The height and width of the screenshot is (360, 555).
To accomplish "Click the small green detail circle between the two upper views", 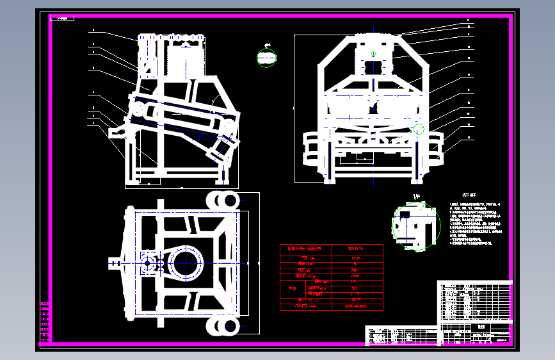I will (x=267, y=58).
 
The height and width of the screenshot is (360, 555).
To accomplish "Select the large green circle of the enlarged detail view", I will (x=417, y=227).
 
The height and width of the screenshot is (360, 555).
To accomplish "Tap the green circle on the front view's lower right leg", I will (x=419, y=129).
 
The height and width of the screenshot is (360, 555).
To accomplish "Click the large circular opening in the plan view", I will (x=186, y=263).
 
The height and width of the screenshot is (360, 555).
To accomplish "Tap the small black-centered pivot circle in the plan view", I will (x=148, y=263).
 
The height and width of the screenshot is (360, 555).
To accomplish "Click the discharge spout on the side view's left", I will (x=118, y=131).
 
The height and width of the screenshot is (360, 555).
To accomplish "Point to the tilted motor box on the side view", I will (x=221, y=149).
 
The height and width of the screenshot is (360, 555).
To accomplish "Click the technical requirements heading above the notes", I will (x=469, y=195).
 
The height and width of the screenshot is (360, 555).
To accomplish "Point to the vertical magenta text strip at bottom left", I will (x=44, y=321).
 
